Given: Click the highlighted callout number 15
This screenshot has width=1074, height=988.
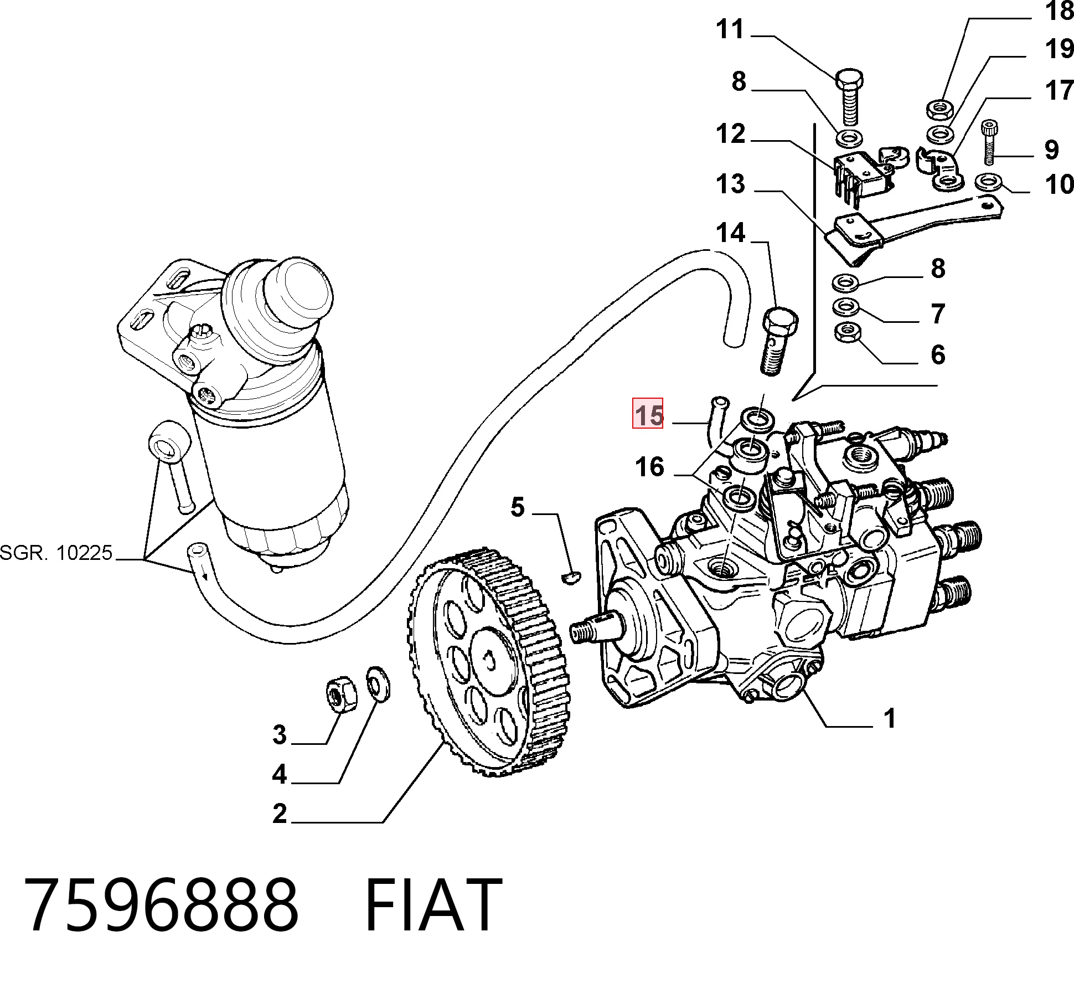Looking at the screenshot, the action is (x=648, y=413).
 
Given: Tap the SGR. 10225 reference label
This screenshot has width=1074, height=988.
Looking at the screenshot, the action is (x=56, y=552).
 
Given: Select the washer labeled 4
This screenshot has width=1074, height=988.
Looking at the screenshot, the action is (x=378, y=684).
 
